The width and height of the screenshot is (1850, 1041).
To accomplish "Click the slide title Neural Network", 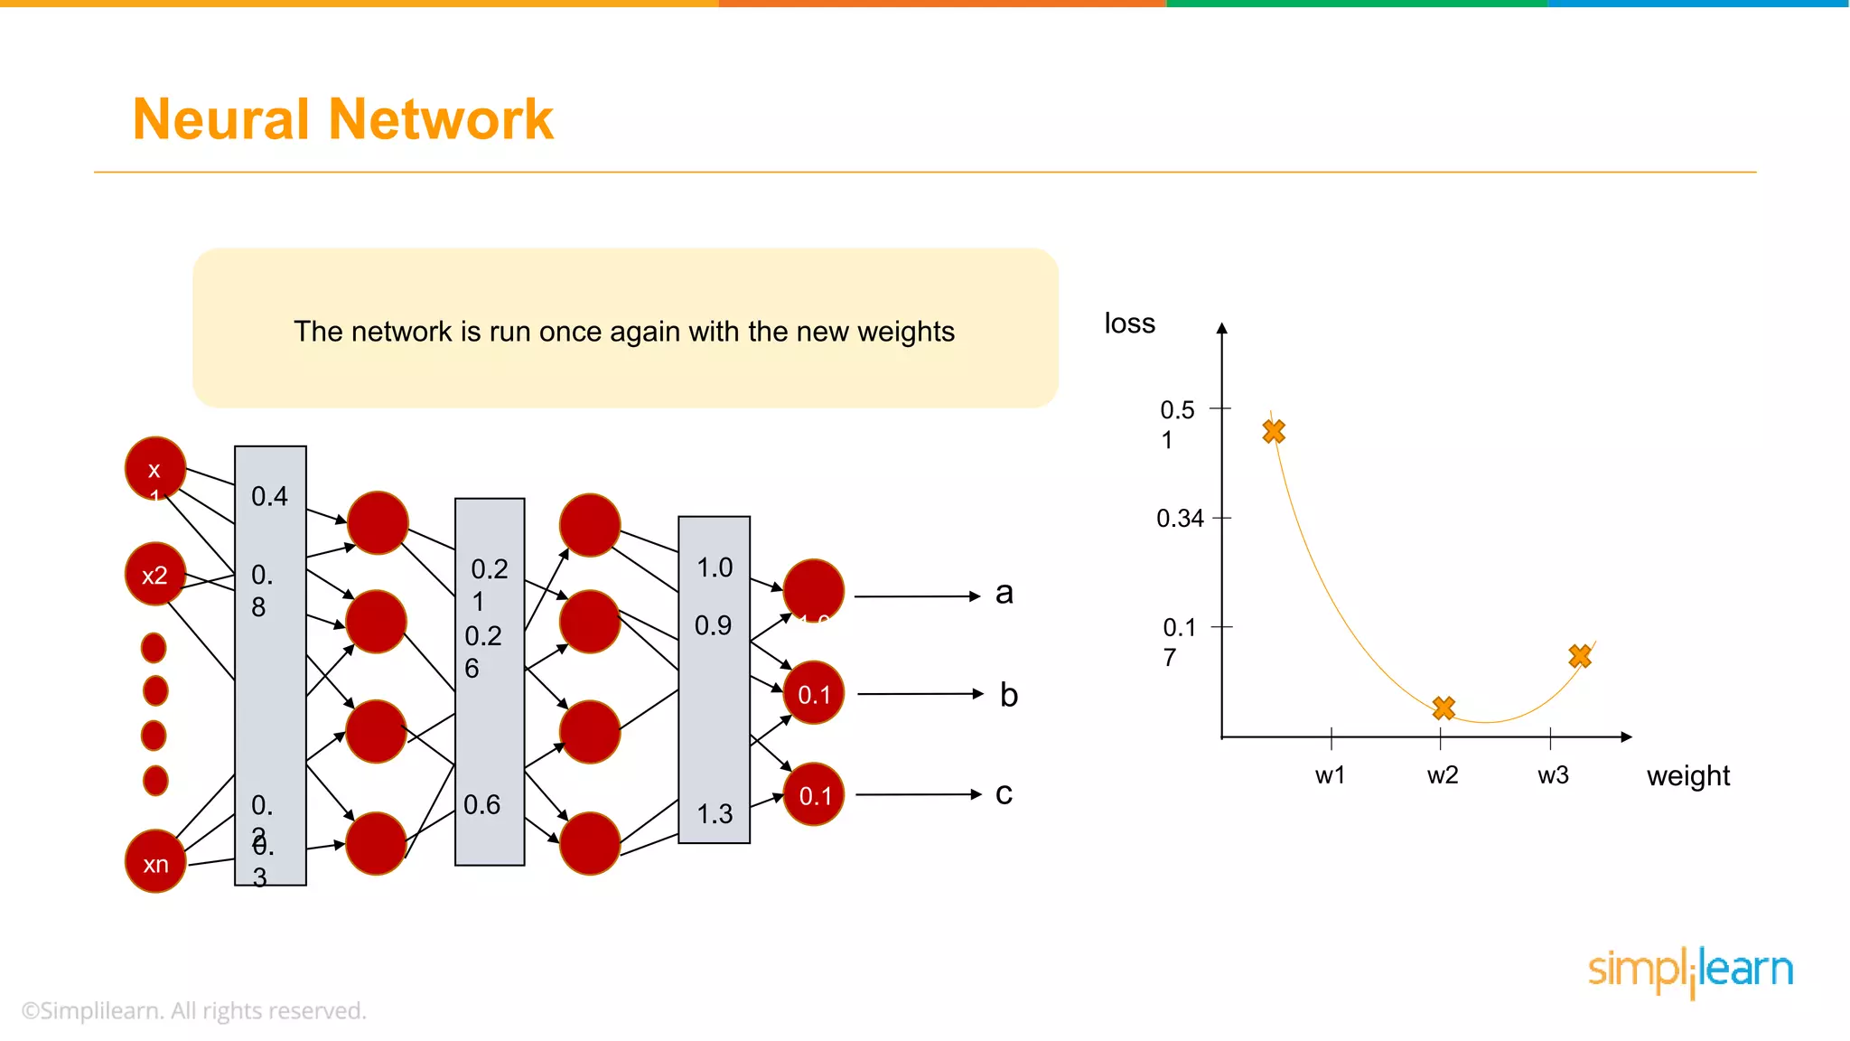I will (342, 119).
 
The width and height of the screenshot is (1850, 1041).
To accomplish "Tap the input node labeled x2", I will (155, 575).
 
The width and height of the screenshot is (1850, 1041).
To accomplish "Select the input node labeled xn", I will (155, 863).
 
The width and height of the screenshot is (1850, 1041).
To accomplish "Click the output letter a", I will (1004, 594).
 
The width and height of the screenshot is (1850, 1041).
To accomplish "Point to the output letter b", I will (1008, 695).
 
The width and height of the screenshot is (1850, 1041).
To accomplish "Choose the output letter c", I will (1003, 793).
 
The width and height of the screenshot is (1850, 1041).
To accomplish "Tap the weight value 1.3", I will (715, 814).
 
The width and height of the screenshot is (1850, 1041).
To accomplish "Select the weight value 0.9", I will (713, 625).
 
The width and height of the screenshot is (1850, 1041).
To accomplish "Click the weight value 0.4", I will (269, 496).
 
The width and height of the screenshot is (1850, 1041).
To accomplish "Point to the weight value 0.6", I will (481, 804).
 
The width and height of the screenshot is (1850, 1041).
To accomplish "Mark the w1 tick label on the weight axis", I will (1330, 775).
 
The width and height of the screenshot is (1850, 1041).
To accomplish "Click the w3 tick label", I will (1553, 775).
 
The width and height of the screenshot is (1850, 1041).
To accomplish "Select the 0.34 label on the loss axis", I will (1180, 519).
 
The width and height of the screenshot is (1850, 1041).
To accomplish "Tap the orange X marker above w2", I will (1444, 708).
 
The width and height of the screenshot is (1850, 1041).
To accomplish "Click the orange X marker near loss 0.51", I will (1274, 432).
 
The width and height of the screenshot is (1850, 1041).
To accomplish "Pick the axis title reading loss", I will (1129, 324).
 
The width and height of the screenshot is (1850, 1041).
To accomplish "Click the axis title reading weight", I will (1687, 776).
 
